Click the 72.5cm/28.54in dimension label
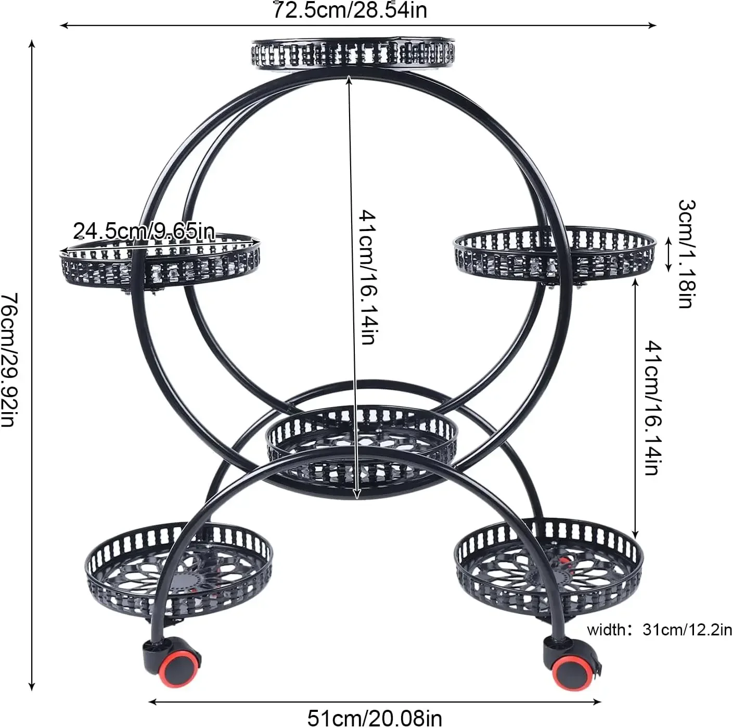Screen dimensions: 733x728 pos(350,10)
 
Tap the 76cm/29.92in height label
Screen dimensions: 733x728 pos(10,360)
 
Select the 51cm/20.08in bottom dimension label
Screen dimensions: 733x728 pos(375,718)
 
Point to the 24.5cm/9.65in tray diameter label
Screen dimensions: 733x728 pos(144,231)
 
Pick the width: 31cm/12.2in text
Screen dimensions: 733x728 pos(659,630)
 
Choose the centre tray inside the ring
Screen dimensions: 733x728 pos(362,442)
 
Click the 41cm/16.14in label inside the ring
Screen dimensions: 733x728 pos(368,277)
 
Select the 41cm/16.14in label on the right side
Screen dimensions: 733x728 pos(653,408)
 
